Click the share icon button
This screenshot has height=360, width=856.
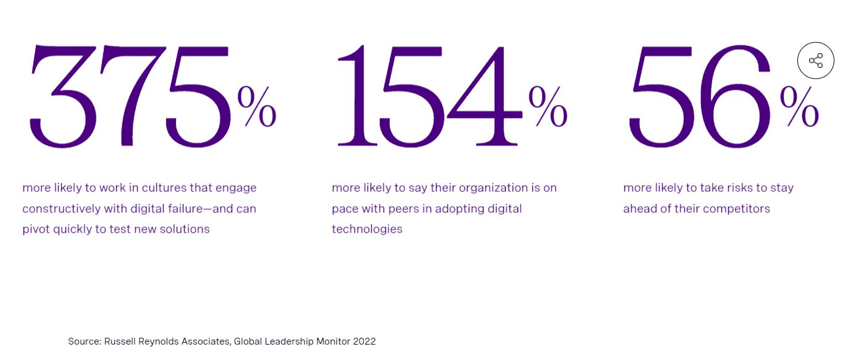[x=815, y=61]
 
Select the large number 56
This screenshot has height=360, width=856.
[x=700, y=96]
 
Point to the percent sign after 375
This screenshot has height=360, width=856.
[x=257, y=106]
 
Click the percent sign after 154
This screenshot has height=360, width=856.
[x=548, y=106]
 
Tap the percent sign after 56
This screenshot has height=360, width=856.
[x=799, y=106]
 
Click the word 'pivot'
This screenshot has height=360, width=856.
[x=36, y=229]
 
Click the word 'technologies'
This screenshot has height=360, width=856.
[x=367, y=229]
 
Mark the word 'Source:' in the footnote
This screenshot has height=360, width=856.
[x=84, y=341]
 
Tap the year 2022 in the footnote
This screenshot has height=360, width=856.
[x=364, y=341]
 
